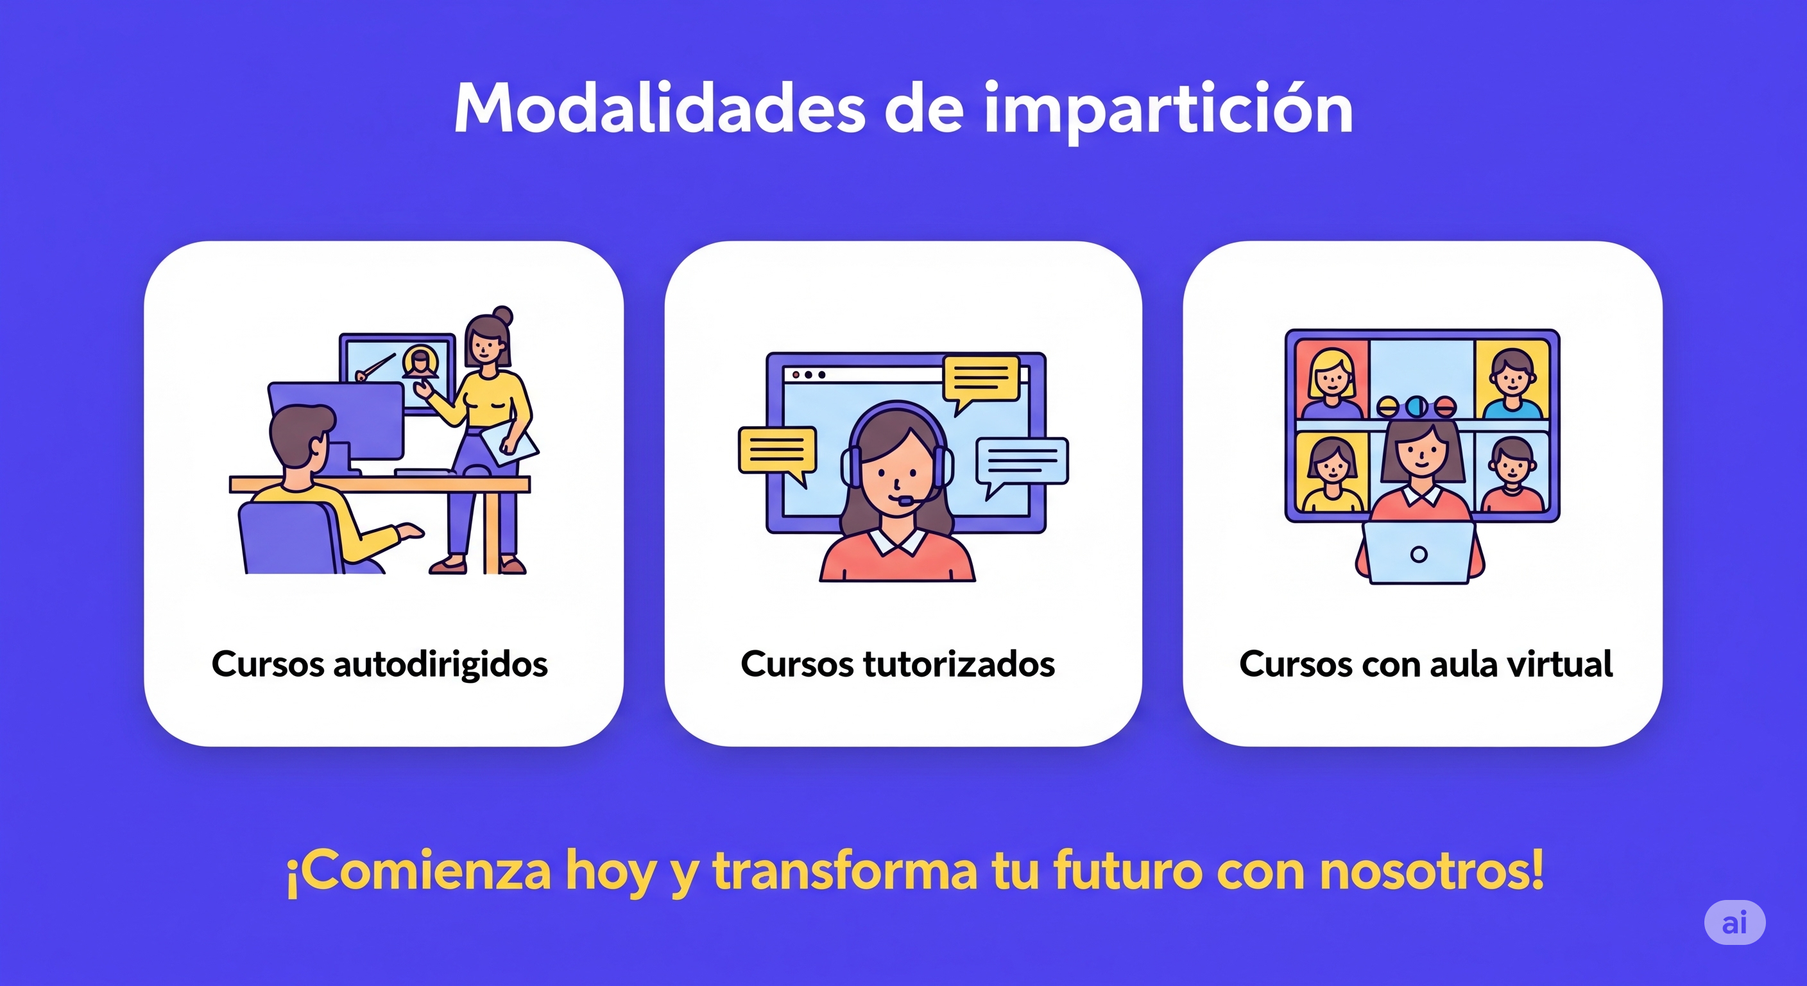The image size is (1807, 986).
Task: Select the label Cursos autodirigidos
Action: coord(379,664)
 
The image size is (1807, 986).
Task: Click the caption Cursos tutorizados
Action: coord(898,664)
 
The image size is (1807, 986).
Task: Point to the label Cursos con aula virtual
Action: coord(1425,664)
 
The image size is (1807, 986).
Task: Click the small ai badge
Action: coord(1734,922)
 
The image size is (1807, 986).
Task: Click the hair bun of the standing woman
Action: coord(502,315)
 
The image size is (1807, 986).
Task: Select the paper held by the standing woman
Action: coord(510,443)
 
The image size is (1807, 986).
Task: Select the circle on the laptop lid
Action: coord(1418,555)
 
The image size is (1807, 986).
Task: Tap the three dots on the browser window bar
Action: coord(808,375)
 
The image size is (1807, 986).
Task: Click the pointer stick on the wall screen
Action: coord(376,367)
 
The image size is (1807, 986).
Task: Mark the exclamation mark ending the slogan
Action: coord(1537,868)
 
